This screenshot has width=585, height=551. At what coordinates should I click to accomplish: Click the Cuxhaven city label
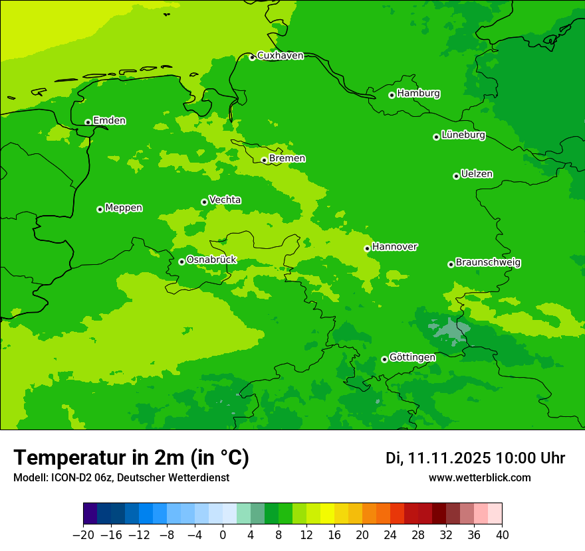tap(280, 56)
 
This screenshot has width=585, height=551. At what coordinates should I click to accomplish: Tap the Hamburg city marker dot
tap(392, 95)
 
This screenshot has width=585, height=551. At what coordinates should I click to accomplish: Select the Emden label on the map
tap(109, 121)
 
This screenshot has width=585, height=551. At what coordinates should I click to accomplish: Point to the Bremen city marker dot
tap(264, 160)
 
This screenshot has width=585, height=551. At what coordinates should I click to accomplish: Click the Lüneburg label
tap(463, 135)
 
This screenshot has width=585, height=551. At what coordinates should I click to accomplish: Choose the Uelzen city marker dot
tap(456, 176)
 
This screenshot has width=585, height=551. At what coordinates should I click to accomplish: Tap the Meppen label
tap(124, 208)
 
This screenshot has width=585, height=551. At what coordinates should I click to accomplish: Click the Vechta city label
tap(225, 200)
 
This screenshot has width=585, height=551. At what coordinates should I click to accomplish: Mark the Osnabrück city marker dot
tap(181, 262)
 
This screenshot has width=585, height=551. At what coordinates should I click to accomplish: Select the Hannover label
tap(395, 247)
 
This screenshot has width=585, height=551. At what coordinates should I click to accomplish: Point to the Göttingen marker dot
tap(384, 359)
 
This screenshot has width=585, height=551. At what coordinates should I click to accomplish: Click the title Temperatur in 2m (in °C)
tap(131, 458)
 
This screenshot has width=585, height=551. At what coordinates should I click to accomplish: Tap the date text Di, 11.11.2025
tap(438, 458)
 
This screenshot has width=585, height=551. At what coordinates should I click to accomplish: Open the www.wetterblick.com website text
tap(479, 478)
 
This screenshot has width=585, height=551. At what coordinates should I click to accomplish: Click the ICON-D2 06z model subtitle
tap(121, 478)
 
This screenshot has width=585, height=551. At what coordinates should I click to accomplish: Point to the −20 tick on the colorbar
tap(84, 535)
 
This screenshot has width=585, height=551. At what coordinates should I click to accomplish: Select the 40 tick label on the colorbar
tap(502, 535)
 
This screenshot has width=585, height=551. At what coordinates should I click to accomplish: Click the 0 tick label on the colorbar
tap(223, 535)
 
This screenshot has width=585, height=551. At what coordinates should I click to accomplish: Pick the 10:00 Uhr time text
tap(530, 458)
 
